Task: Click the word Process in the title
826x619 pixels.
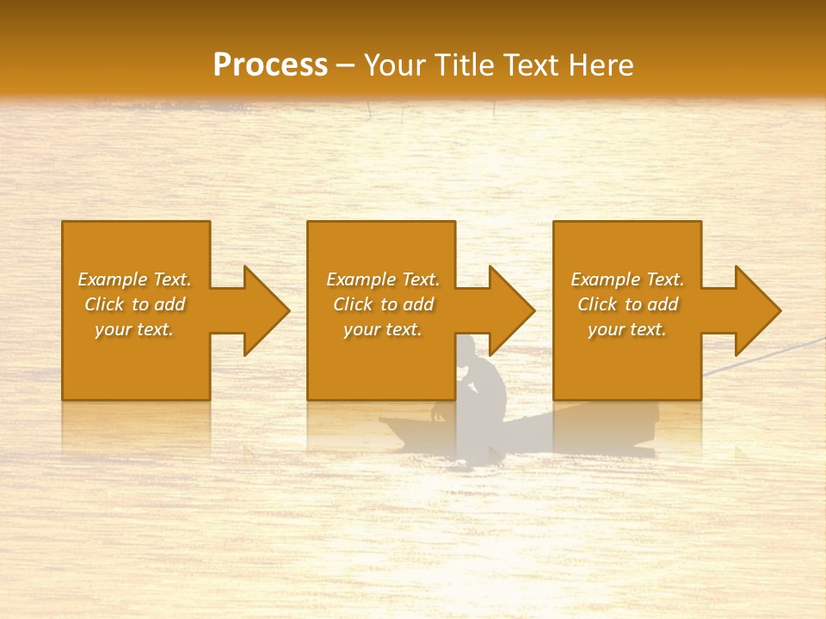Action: [270, 65]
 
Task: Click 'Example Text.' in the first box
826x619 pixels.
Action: [134, 279]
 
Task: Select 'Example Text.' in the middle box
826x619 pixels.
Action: [382, 279]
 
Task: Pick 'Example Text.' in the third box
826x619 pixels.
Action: [627, 279]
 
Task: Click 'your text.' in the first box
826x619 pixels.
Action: [134, 329]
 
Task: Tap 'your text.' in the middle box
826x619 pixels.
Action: [382, 329]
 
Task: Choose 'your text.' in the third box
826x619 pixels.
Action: [627, 329]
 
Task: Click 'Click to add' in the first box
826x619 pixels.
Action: [134, 304]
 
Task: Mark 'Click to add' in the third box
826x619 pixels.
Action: [627, 304]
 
